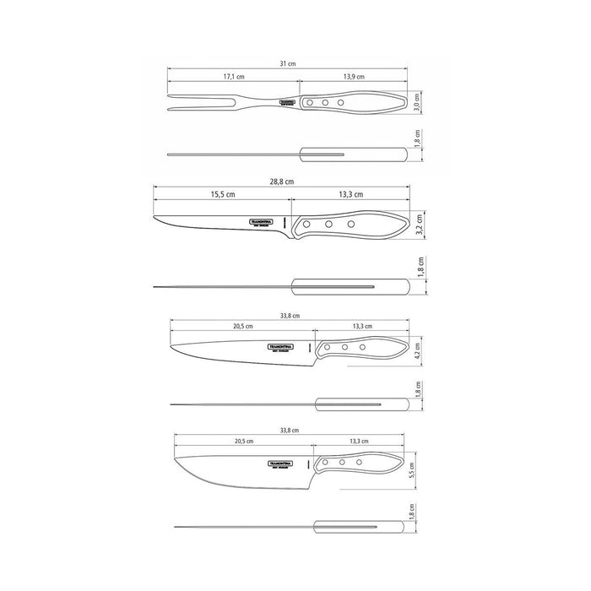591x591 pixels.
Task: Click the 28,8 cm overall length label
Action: pos(282,182)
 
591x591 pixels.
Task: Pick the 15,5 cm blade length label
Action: pos(223,195)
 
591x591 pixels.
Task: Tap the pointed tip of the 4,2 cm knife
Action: pos(171,344)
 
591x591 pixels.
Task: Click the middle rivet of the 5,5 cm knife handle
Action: pos(342,463)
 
